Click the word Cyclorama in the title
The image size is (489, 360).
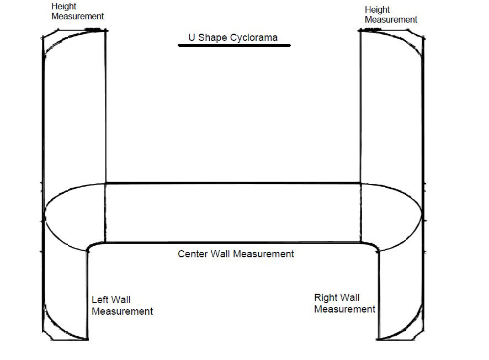pyautogui.click(x=256, y=38)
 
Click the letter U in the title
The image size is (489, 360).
pyautogui.click(x=192, y=38)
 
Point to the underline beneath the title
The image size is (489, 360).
pyautogui.click(x=234, y=46)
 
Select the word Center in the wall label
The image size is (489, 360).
pyautogui.click(x=193, y=254)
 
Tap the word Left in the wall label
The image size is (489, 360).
pyautogui.click(x=100, y=300)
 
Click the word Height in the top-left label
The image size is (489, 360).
pyautogui.click(x=63, y=7)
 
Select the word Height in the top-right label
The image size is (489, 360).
pyautogui.click(x=377, y=10)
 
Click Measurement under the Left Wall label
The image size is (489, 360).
pyautogui.click(x=122, y=311)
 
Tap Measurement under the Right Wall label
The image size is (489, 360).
pyautogui.click(x=344, y=309)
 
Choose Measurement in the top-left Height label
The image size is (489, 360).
pyautogui.click(x=77, y=17)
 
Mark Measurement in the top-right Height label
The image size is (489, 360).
pyautogui.click(x=391, y=20)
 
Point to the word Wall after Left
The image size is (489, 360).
pyautogui.click(x=121, y=300)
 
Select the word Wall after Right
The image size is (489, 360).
pyautogui.click(x=350, y=298)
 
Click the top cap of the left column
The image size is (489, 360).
pyautogui.click(x=74, y=34)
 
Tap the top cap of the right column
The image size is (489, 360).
pyautogui.click(x=392, y=34)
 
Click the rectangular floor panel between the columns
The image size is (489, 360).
pyautogui.click(x=232, y=213)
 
